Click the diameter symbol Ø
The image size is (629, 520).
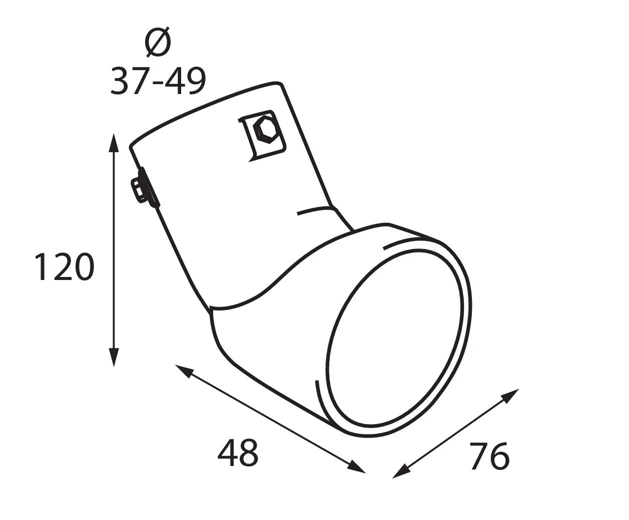(158, 41)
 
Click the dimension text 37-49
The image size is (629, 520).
(158, 81)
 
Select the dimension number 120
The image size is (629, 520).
(65, 267)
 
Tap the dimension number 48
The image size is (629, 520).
(238, 452)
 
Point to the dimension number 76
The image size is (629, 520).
(489, 456)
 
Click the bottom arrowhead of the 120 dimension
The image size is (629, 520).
(114, 357)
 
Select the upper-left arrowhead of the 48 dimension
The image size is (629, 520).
(184, 370)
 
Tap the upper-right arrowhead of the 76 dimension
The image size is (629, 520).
(510, 395)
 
